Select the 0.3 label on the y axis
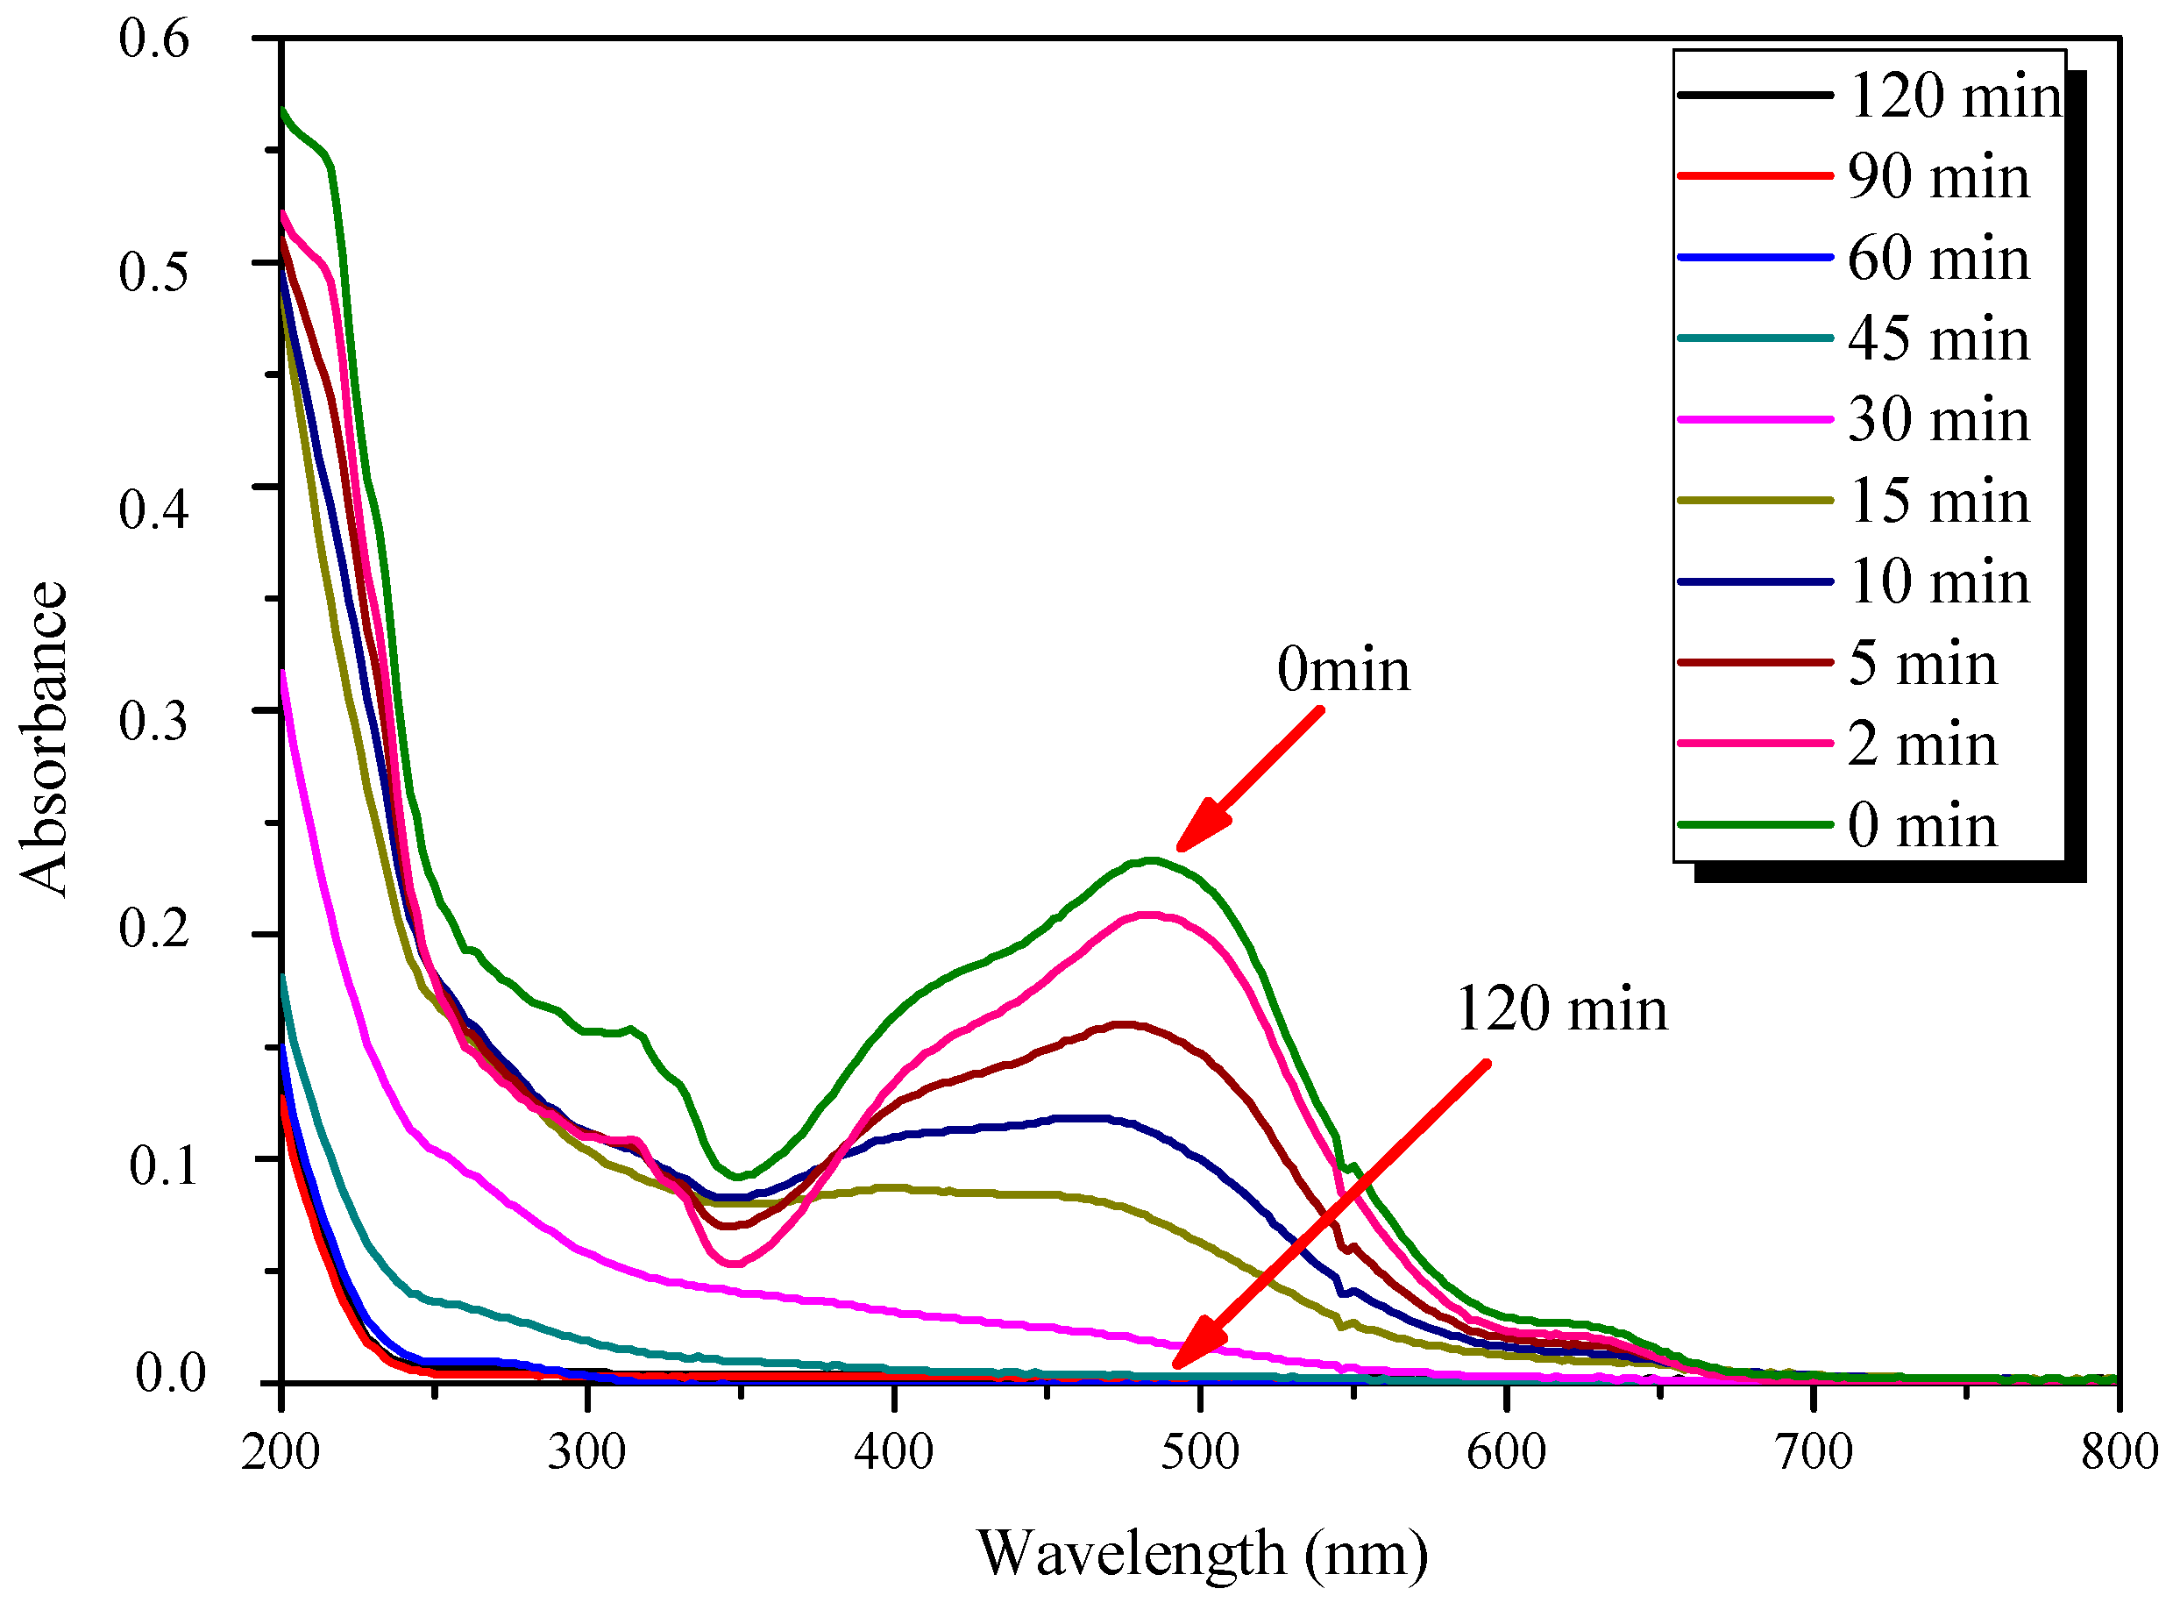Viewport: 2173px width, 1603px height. pyautogui.click(x=154, y=721)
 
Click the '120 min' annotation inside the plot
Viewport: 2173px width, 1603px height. pyautogui.click(x=1561, y=1009)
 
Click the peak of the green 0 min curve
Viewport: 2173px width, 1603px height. pyautogui.click(x=1151, y=859)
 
